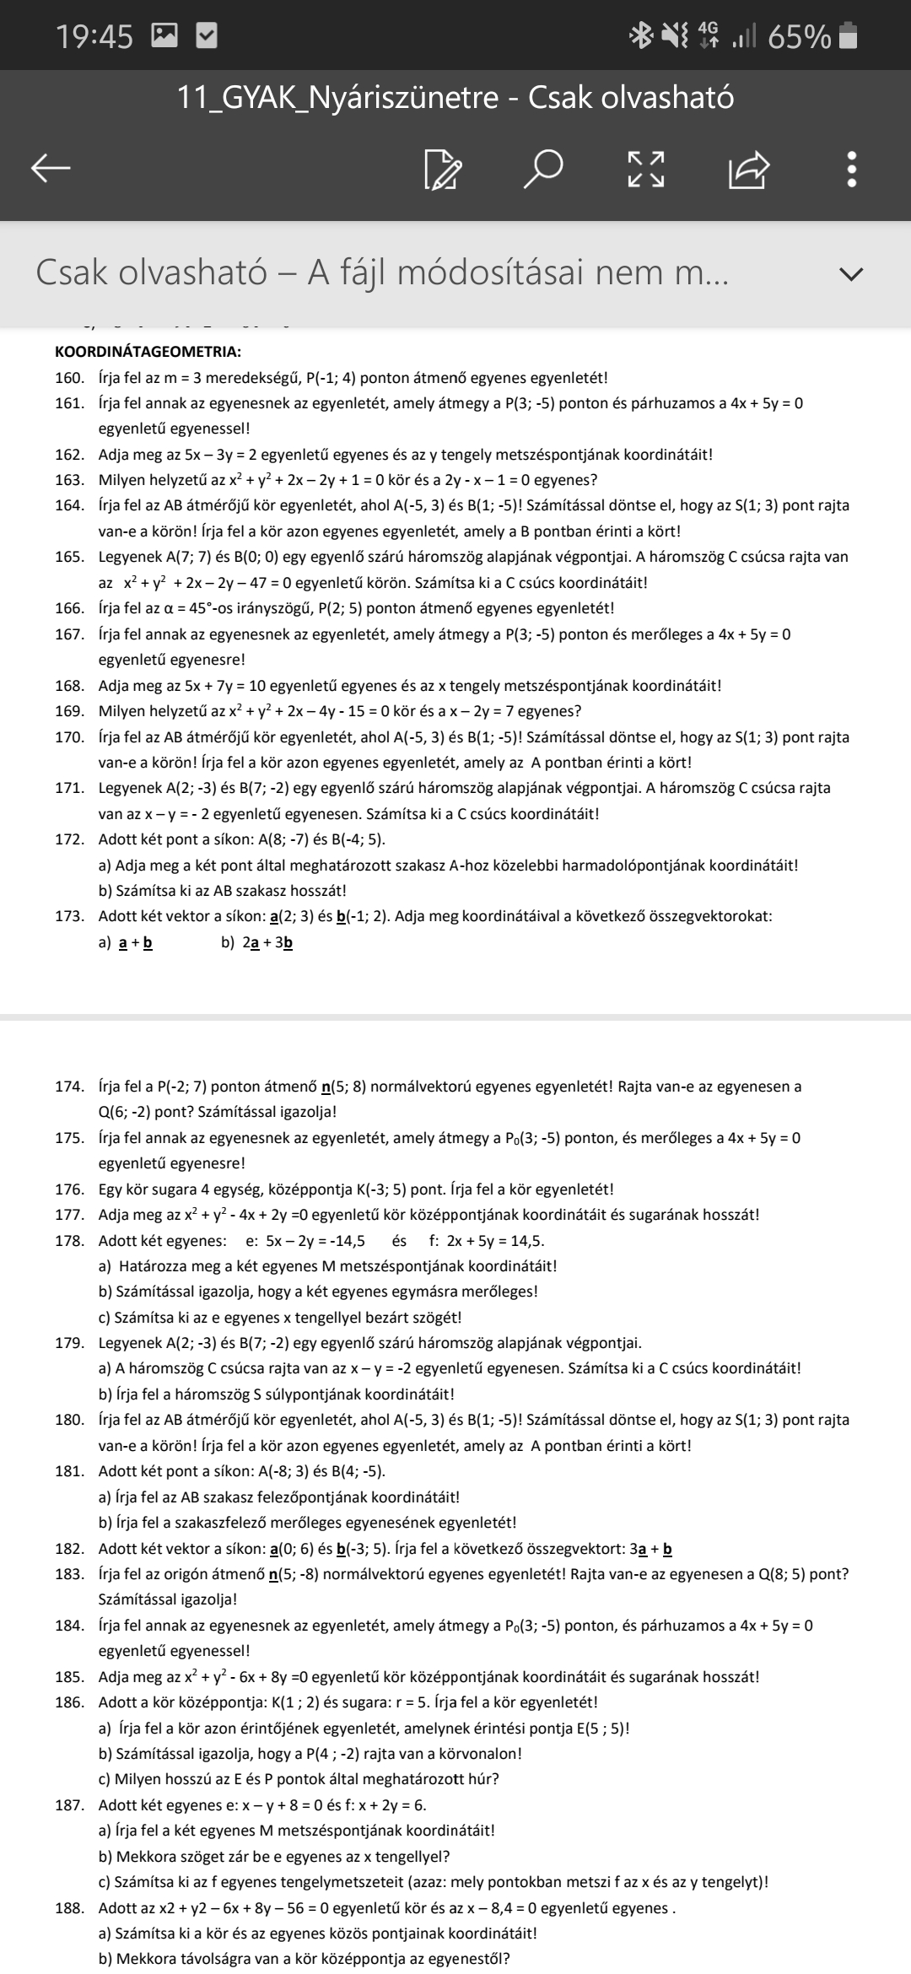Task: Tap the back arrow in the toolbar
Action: [51, 169]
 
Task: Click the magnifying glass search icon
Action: [542, 169]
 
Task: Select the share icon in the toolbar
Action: [749, 169]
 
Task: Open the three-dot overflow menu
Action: [852, 169]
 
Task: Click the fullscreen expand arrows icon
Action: [645, 169]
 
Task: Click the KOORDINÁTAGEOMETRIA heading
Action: [148, 352]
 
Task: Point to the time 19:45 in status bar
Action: [94, 36]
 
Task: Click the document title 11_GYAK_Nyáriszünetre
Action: [337, 98]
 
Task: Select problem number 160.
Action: [69, 378]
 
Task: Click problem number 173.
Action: [69, 916]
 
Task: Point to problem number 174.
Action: [69, 1087]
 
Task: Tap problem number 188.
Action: [69, 1907]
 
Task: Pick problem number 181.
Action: [69, 1471]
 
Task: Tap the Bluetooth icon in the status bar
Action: [643, 36]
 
